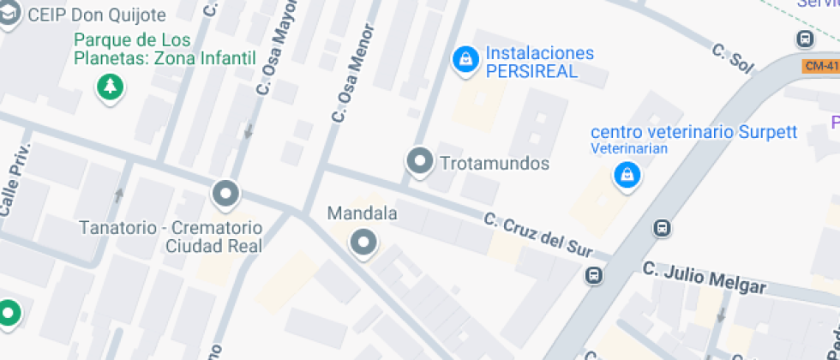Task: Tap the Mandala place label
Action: point(363,213)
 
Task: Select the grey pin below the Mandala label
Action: point(363,243)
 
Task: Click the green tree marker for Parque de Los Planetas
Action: point(110,86)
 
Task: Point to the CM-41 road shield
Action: point(820,65)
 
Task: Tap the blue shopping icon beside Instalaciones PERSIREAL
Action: point(465,59)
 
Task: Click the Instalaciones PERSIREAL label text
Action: point(539,63)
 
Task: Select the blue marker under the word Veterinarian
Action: point(627,175)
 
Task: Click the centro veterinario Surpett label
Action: point(693,132)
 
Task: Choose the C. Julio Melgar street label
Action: point(705,279)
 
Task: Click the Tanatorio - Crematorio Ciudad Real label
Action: point(170,237)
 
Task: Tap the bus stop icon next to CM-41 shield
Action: point(805,39)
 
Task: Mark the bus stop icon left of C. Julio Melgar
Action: point(593,275)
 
